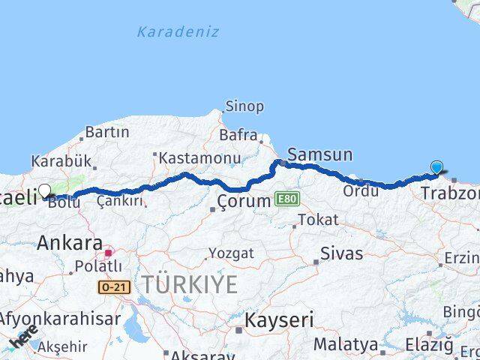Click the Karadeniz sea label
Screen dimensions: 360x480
click(178, 31)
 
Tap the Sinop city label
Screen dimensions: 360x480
click(244, 106)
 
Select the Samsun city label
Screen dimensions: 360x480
click(319, 155)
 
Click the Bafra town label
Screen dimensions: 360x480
click(238, 135)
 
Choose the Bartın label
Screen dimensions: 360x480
click(106, 132)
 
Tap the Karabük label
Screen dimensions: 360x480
click(61, 161)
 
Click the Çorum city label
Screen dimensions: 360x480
click(243, 201)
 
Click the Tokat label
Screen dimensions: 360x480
click(318, 220)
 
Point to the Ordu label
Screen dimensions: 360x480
click(360, 191)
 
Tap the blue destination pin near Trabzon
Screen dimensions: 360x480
click(436, 168)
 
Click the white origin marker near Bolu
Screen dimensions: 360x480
click(44, 191)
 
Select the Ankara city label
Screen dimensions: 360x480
click(70, 242)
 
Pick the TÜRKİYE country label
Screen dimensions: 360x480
click(190, 285)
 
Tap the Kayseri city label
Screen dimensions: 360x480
click(279, 321)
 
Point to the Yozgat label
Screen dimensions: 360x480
click(231, 253)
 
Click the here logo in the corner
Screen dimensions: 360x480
click(22, 340)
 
